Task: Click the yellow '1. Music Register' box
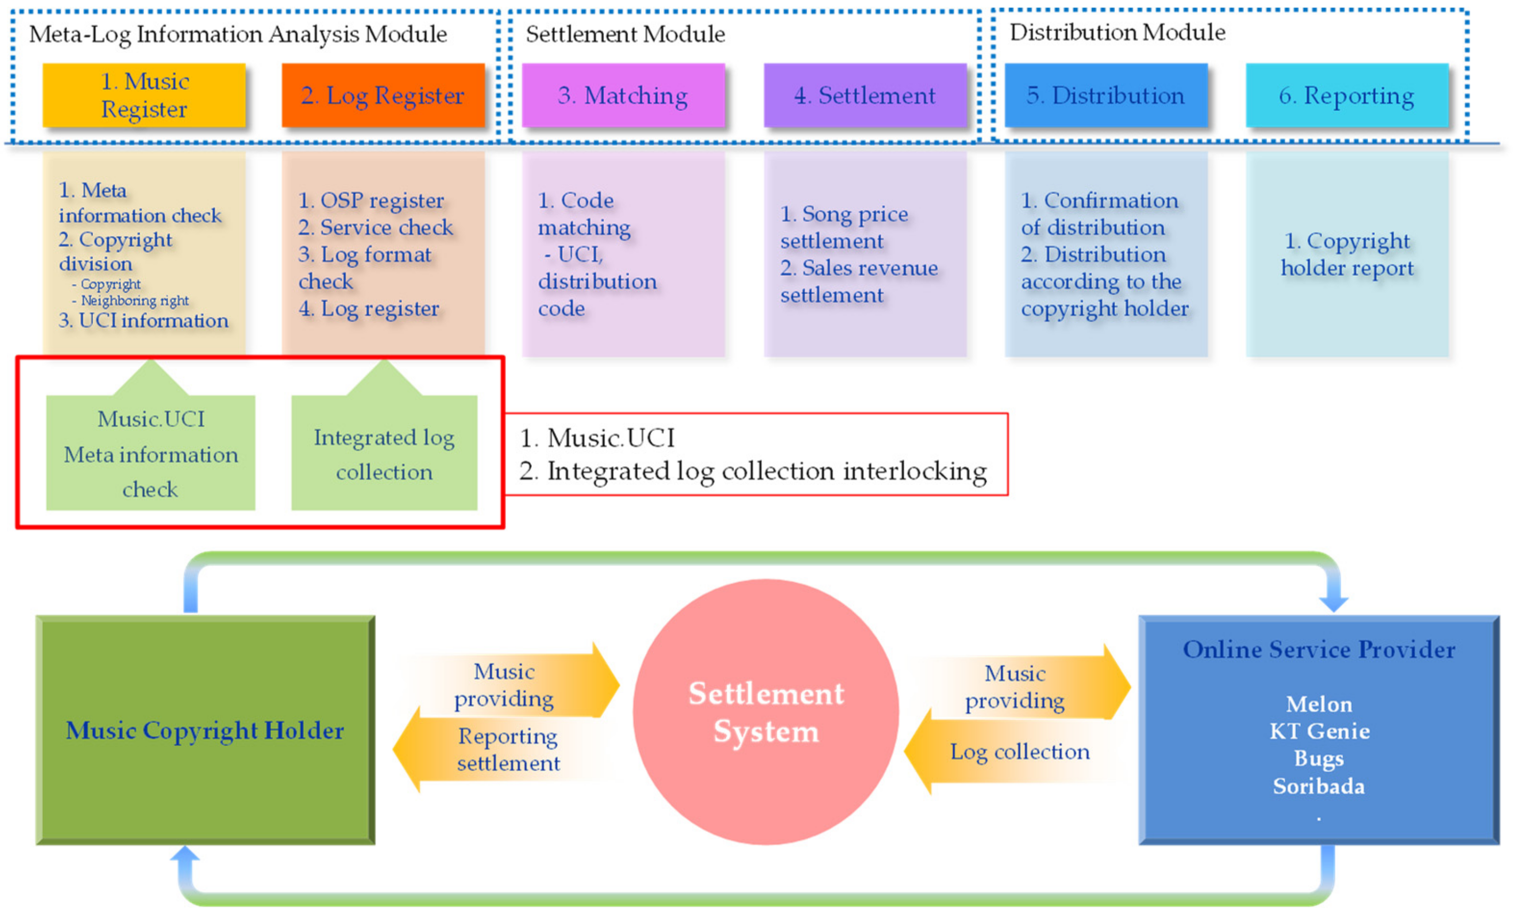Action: [144, 95]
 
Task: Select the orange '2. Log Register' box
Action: [383, 95]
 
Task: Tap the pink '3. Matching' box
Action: [623, 95]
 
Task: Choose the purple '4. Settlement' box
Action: [864, 95]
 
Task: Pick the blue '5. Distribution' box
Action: [1105, 95]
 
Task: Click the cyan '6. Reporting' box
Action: [1346, 95]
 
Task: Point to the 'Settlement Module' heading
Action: [625, 34]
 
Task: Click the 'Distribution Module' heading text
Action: [1117, 32]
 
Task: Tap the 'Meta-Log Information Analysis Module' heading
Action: [238, 34]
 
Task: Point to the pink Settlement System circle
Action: [766, 712]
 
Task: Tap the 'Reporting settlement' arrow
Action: [507, 749]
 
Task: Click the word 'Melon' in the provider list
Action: [1319, 704]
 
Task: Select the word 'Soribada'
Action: [1319, 786]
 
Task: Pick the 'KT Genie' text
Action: [1319, 731]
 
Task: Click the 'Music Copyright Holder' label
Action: [205, 730]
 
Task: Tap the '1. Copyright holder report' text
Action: [1346, 254]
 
